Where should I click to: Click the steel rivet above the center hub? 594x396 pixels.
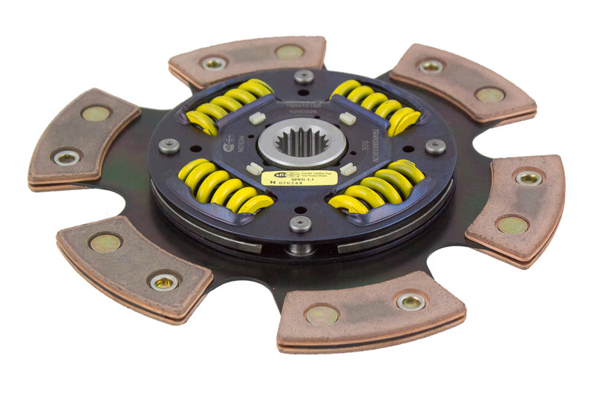(x=303, y=76)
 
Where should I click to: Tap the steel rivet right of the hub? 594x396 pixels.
(x=435, y=146)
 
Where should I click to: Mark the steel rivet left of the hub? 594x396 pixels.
(x=169, y=146)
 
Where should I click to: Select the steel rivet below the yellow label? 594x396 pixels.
(x=300, y=224)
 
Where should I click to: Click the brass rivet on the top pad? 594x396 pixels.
(x=289, y=52)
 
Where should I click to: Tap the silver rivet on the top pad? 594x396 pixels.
(x=214, y=64)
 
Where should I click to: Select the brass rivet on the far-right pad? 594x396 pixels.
(x=512, y=225)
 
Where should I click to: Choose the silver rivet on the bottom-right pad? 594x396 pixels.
(x=411, y=301)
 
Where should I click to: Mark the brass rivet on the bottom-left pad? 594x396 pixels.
(x=105, y=243)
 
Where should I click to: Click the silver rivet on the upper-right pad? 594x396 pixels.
(x=430, y=67)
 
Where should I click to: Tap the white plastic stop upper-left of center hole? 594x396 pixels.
(x=258, y=117)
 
